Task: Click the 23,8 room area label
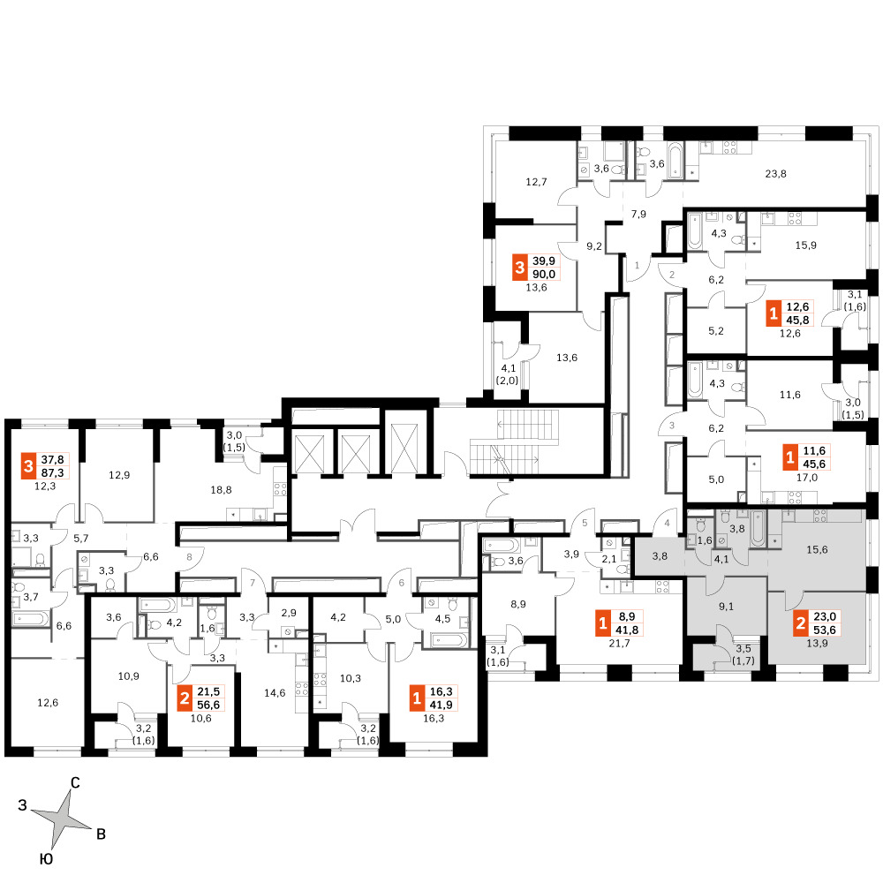tap(775, 174)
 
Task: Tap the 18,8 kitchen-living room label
tap(221, 490)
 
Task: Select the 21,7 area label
tap(619, 643)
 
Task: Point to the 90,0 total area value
tap(543, 275)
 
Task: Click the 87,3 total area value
tap(52, 473)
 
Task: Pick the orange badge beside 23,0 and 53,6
tap(801, 623)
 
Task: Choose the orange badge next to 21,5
tap(185, 698)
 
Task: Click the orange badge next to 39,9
tap(520, 268)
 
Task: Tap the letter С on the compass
tap(75, 782)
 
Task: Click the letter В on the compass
tap(102, 834)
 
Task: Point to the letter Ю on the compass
tap(46, 859)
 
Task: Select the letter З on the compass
tap(23, 805)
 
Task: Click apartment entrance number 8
tap(189, 557)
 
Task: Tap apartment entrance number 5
tap(585, 523)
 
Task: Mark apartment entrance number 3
tap(672, 426)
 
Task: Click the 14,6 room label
tap(275, 693)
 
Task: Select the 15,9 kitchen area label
tap(806, 245)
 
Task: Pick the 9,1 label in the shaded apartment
tap(727, 607)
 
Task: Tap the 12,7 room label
tap(536, 182)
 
